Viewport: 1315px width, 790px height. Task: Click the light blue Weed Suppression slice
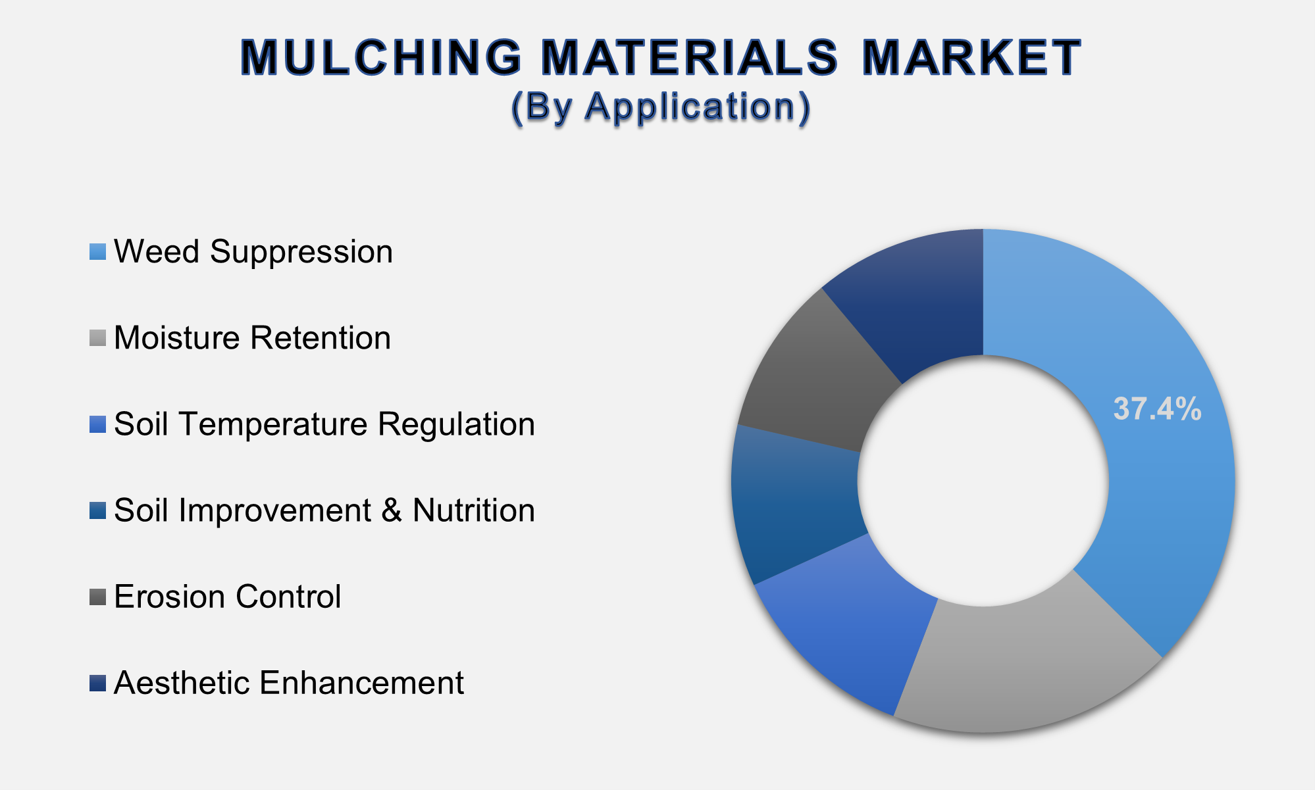point(1158,500)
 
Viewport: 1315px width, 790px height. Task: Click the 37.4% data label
point(1157,409)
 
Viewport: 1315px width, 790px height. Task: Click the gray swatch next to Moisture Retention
point(97,339)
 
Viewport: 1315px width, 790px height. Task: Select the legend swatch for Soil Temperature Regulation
point(97,425)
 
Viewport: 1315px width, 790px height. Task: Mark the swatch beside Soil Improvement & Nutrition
point(97,511)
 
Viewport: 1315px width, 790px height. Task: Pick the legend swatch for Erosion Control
point(97,597)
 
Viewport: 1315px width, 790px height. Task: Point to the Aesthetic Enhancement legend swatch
point(97,683)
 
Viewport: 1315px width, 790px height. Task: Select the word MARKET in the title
point(971,58)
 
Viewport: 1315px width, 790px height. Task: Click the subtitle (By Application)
point(660,107)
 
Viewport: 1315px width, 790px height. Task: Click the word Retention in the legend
point(321,338)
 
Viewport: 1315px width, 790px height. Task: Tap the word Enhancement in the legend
point(362,683)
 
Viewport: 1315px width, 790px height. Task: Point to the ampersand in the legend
point(392,510)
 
